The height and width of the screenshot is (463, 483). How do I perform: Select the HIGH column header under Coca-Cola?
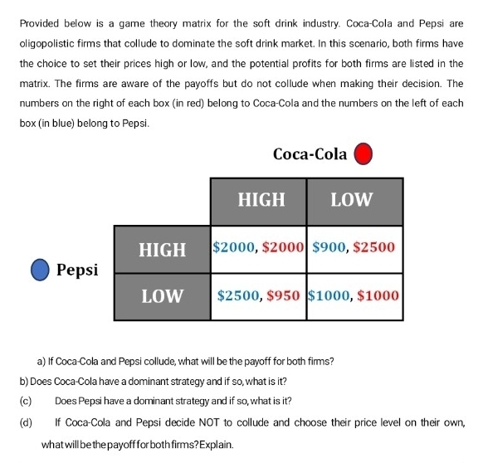[261, 201]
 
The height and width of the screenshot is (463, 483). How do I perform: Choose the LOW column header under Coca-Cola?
[354, 201]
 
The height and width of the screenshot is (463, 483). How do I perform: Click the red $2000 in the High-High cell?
[284, 248]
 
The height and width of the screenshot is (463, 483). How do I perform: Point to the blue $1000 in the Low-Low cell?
[330, 295]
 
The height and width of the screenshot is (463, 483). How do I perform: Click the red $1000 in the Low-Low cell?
[379, 295]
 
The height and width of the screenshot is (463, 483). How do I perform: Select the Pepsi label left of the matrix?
[79, 270]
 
